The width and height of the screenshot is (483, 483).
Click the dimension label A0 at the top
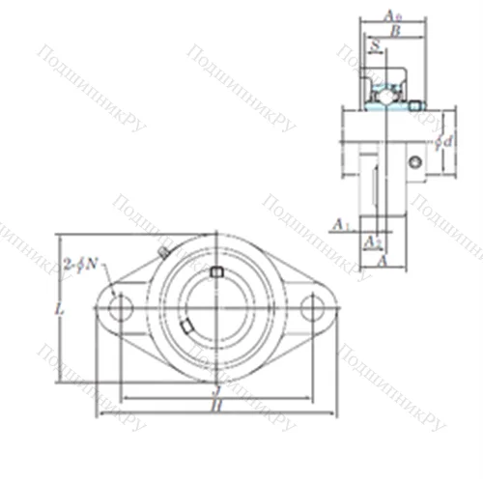(x=392, y=14)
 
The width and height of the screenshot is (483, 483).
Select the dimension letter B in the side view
(x=393, y=30)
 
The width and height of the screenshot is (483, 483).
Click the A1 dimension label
(x=339, y=225)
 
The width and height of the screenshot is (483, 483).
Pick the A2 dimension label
(x=371, y=241)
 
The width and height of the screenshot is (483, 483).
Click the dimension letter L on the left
(x=60, y=310)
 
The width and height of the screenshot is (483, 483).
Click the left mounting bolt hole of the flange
(x=120, y=308)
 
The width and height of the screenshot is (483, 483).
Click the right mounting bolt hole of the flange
(x=311, y=308)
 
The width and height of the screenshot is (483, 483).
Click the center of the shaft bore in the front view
(x=215, y=308)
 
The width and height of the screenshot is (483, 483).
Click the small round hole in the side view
(x=414, y=163)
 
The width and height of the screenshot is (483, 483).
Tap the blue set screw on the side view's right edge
(x=416, y=104)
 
